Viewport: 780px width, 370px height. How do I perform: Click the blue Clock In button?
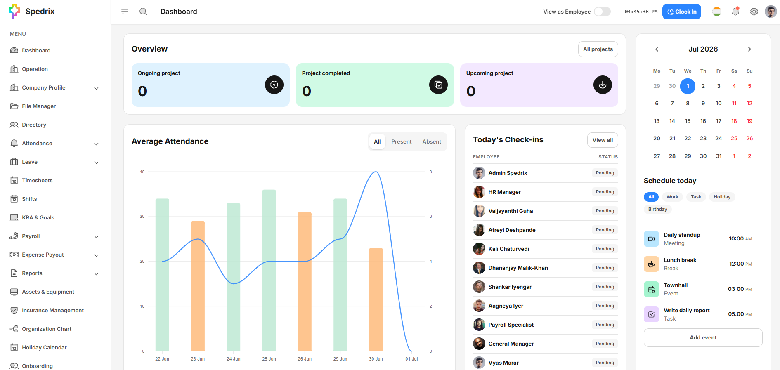tap(681, 12)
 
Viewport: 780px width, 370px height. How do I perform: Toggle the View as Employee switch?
tap(602, 12)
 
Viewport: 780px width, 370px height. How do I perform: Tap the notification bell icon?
tap(735, 12)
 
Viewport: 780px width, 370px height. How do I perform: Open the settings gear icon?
tap(754, 12)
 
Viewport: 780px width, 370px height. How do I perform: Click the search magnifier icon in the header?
tap(143, 12)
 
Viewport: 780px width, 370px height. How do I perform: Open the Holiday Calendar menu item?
tap(44, 347)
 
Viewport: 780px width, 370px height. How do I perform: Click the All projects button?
tap(598, 49)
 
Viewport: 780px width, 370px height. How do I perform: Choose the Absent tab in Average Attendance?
tap(432, 141)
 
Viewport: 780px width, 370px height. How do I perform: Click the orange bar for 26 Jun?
tap(305, 282)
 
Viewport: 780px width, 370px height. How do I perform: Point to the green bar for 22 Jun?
tap(162, 275)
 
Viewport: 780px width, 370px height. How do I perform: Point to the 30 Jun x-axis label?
tap(376, 359)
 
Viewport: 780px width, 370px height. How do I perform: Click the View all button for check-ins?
tap(603, 140)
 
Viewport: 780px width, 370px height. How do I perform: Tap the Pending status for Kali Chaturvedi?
tap(605, 249)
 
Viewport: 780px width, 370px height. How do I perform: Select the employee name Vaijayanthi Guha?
tap(511, 211)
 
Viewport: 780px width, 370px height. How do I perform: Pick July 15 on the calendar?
tap(688, 121)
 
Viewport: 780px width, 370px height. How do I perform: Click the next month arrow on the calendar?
tap(749, 49)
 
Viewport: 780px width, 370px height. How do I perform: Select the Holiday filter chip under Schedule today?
tap(722, 197)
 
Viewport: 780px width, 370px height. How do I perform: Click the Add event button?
tap(703, 337)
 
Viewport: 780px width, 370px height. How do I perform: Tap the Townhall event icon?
tap(651, 289)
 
